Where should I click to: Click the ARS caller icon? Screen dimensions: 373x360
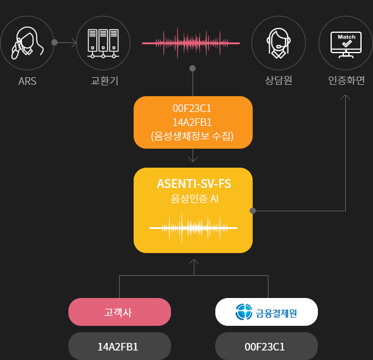(x=27, y=43)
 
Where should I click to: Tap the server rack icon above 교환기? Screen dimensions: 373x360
(x=103, y=44)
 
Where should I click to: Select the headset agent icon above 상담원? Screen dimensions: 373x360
(x=279, y=43)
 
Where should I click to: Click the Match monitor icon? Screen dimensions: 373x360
(x=346, y=45)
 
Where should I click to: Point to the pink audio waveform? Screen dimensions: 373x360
(x=191, y=43)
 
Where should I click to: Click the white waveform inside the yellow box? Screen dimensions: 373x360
(x=193, y=228)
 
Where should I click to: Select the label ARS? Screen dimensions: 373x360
(x=27, y=81)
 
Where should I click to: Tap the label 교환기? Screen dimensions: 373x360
(x=104, y=81)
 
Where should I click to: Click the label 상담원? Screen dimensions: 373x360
(x=279, y=80)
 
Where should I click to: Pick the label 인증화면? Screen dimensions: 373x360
(x=346, y=80)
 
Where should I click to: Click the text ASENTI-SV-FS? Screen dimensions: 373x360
(x=194, y=183)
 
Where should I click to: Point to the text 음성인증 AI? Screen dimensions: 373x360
(x=194, y=199)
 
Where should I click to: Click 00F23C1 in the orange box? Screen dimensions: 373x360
(x=192, y=109)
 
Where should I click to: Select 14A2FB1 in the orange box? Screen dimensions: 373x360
(x=192, y=122)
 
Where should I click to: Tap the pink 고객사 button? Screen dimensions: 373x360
(x=120, y=312)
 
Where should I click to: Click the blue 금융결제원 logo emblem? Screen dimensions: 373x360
(x=244, y=312)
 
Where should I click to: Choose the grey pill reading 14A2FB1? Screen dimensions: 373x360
(x=120, y=346)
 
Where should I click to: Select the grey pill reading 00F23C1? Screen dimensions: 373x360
(x=267, y=346)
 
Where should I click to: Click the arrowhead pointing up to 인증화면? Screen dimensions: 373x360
(x=345, y=97)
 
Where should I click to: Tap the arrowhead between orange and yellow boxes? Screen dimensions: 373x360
(x=193, y=159)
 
